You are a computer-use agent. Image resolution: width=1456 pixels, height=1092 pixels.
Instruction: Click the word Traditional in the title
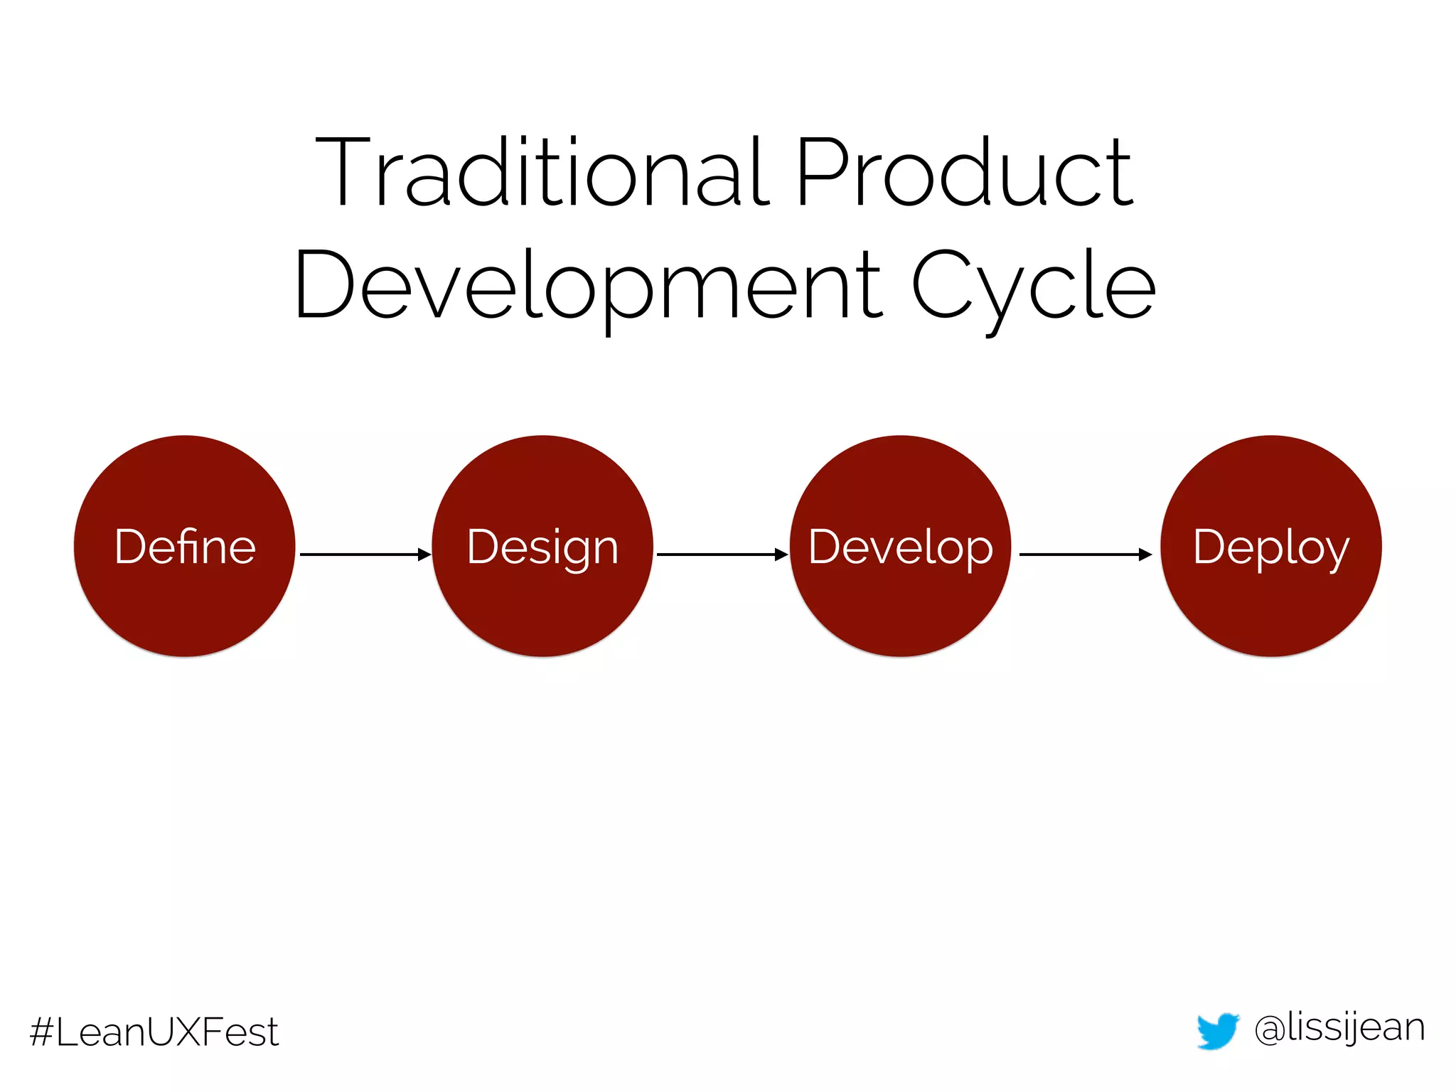click(x=542, y=173)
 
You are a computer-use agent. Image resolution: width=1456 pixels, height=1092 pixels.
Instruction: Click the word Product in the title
click(x=963, y=173)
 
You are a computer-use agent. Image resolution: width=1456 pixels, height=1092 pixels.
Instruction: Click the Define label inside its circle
click(x=185, y=547)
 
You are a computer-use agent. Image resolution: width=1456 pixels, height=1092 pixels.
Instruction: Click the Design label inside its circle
click(x=542, y=548)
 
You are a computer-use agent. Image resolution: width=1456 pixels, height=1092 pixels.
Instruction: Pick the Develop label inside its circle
click(x=900, y=548)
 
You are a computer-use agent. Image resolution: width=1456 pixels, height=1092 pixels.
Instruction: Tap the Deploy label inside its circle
click(x=1270, y=548)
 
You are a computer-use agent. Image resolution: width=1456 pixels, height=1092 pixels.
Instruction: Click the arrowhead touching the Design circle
click(x=425, y=554)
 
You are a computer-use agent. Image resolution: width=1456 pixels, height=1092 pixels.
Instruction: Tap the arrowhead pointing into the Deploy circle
click(x=1145, y=554)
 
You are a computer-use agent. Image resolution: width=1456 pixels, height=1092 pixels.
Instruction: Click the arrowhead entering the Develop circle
click(x=782, y=554)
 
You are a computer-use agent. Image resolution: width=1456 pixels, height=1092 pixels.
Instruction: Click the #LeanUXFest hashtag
click(x=154, y=1032)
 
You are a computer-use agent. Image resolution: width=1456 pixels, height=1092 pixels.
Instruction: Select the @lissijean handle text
click(x=1339, y=1029)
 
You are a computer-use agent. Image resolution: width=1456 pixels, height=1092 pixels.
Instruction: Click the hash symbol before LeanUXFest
click(x=42, y=1032)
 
